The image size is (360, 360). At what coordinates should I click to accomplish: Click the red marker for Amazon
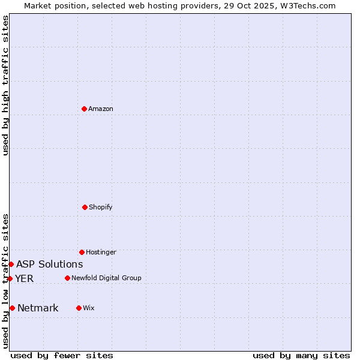pos(85,109)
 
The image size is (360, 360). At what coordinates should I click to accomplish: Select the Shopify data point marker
pos(85,207)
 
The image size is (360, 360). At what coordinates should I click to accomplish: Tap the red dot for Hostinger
pos(82,252)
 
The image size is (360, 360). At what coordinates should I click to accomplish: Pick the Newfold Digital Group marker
pos(67,278)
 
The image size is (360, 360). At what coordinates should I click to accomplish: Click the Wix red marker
pos(79,308)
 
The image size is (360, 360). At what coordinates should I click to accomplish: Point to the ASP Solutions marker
pos(11,264)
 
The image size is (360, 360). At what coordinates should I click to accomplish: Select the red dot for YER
pos(10,278)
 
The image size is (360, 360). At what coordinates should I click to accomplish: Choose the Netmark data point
pos(12,308)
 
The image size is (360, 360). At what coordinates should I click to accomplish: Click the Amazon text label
pos(101,109)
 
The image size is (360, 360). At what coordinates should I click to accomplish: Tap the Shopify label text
pos(100,207)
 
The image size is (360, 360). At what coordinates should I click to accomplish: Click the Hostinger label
pos(101,252)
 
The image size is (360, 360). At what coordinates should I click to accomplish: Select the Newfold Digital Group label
pos(106,278)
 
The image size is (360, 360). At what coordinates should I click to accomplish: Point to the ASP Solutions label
pos(49,264)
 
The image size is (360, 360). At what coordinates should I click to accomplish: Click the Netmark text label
pos(38,308)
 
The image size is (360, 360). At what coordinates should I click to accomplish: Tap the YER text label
pos(24,278)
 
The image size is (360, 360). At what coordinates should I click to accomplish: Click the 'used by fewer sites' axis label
pos(62,355)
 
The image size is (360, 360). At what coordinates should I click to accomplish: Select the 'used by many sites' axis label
pos(301,355)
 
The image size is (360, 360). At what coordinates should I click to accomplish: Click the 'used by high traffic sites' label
pos(6,85)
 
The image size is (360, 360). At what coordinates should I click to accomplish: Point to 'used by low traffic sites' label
pos(6,281)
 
